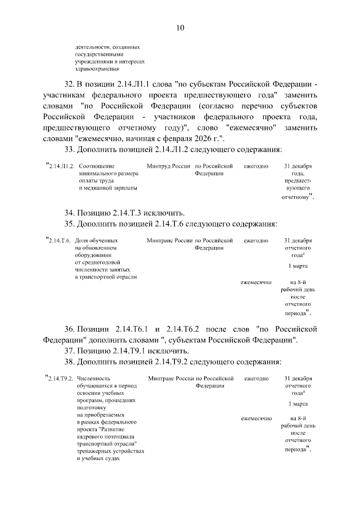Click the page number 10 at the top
pyautogui.click(x=180, y=27)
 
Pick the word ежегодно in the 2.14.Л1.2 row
pyautogui.click(x=256, y=167)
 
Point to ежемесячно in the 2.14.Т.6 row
pyautogui.click(x=256, y=282)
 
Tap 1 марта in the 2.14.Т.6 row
pyautogui.click(x=298, y=266)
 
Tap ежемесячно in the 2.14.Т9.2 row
pyautogui.click(x=256, y=418)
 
